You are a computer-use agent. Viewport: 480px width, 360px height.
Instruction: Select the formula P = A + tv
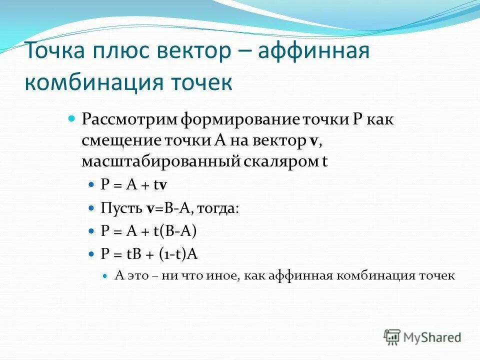[134, 184]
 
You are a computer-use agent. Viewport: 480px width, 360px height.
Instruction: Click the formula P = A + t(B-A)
[149, 231]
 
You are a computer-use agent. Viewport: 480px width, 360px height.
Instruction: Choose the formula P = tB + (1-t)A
[149, 254]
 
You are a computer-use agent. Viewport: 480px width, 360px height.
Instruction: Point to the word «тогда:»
[218, 208]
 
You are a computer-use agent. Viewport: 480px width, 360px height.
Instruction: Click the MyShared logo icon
[392, 337]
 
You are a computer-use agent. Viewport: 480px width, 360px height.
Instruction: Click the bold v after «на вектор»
[313, 140]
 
